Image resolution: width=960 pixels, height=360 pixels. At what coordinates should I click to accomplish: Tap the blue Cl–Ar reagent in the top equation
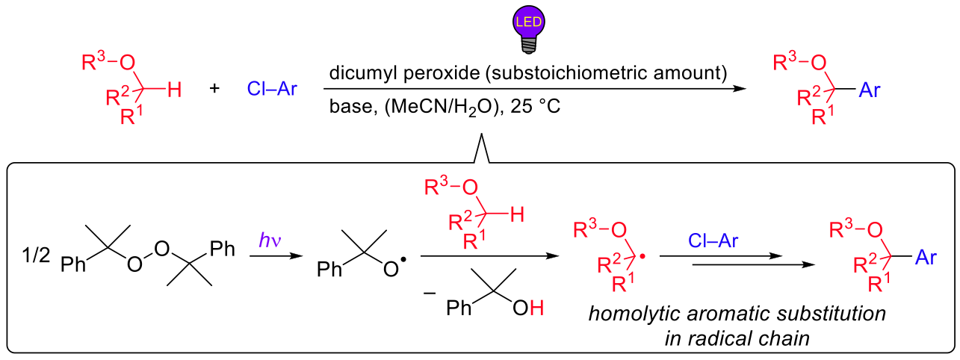click(x=272, y=90)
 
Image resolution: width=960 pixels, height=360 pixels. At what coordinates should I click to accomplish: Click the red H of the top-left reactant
click(x=173, y=90)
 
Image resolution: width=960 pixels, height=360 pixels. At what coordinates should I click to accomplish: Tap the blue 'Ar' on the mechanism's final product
click(x=928, y=258)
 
